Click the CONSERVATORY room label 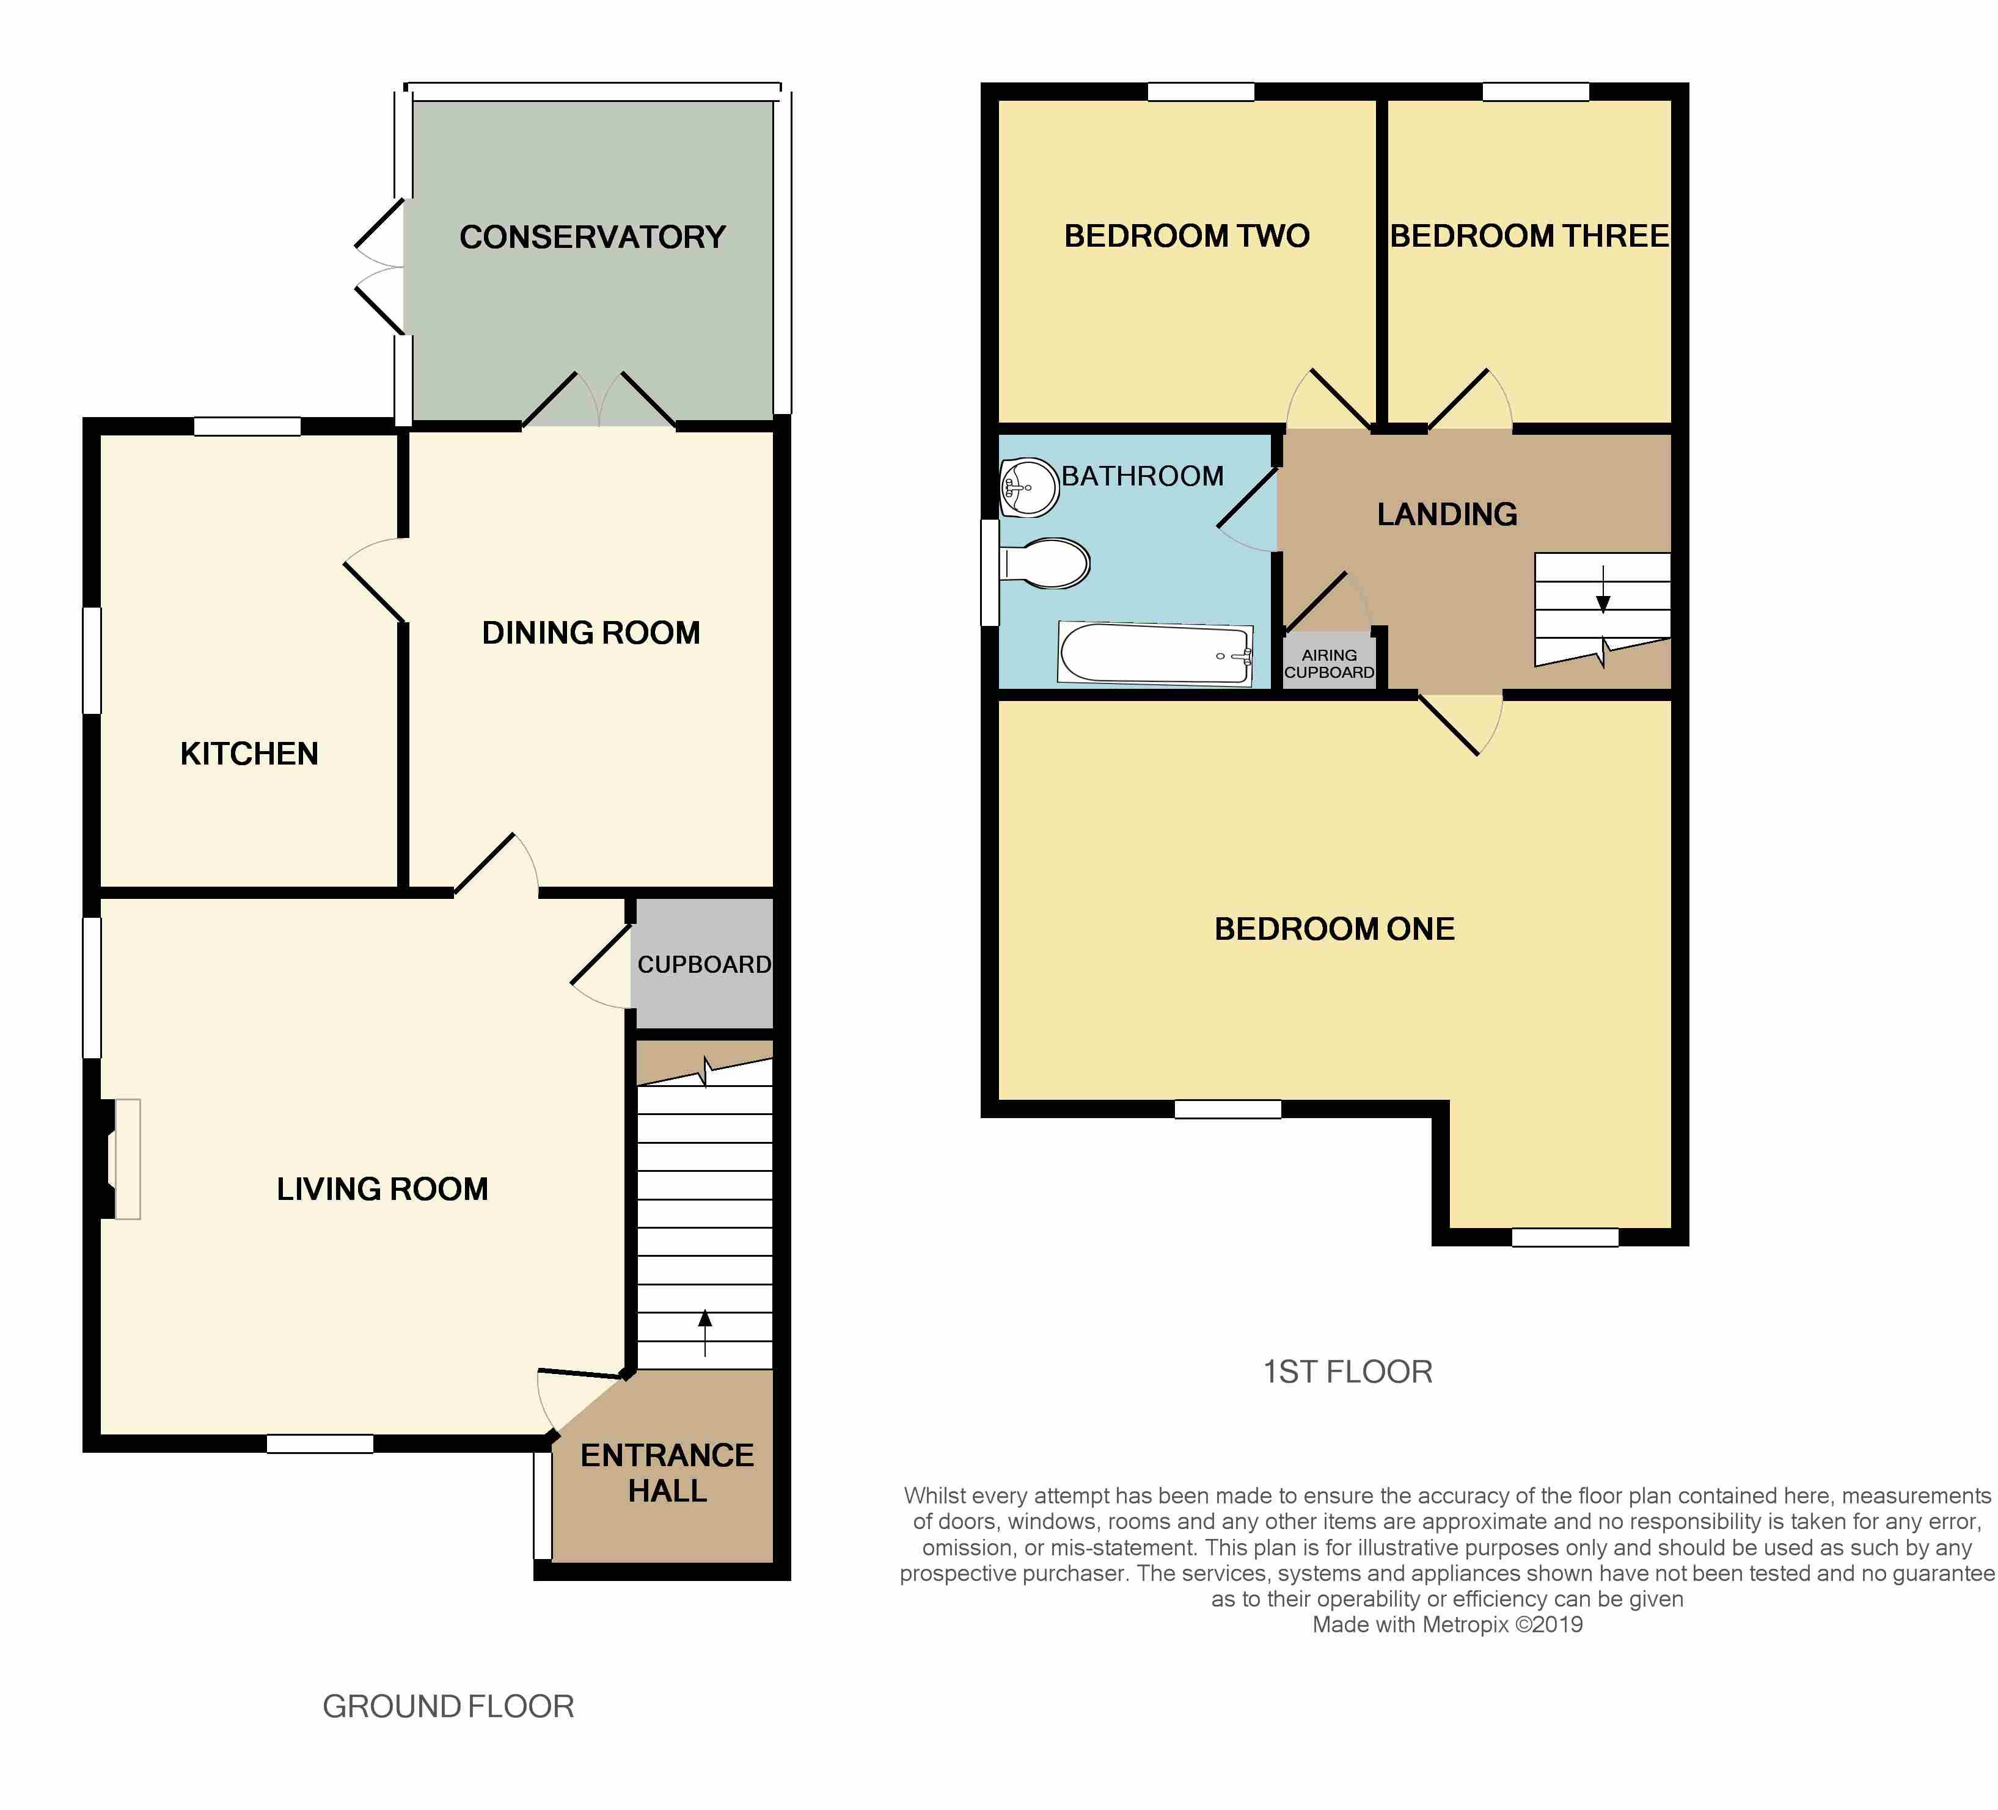click(x=593, y=237)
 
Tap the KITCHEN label click(x=250, y=754)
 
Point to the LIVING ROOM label click(x=382, y=1189)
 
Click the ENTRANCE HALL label click(x=667, y=1472)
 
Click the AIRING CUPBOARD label click(x=1329, y=664)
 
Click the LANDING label click(x=1447, y=514)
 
